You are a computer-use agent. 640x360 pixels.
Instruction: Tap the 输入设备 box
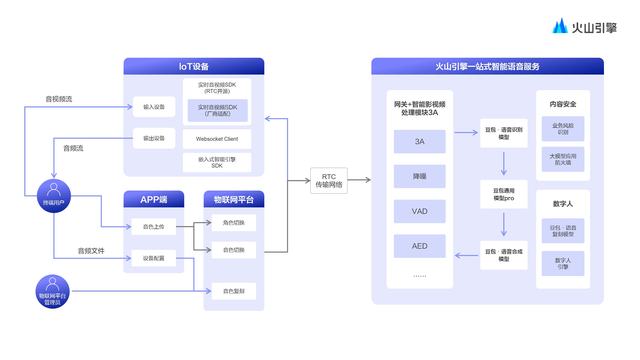(153, 107)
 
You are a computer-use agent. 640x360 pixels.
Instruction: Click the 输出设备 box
(153, 137)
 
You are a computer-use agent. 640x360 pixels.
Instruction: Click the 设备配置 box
(153, 258)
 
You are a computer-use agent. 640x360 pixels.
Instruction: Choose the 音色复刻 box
(233, 291)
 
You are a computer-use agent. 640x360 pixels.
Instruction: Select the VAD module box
(419, 211)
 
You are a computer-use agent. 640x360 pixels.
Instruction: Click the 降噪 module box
(419, 177)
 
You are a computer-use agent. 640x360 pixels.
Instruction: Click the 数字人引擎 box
(561, 262)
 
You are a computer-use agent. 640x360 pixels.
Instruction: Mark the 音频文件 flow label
(92, 250)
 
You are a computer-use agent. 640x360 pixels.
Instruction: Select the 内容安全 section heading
(561, 104)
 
